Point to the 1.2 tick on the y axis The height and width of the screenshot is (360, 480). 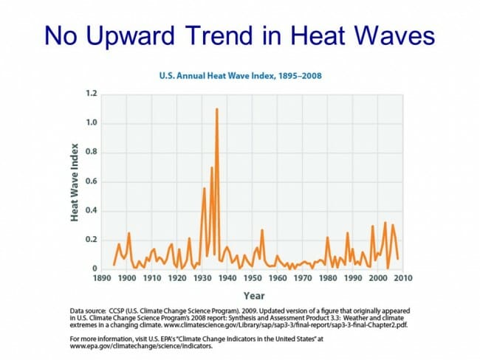(91, 94)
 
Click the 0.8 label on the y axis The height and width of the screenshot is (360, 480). (91, 153)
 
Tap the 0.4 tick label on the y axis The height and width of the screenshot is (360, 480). (91, 211)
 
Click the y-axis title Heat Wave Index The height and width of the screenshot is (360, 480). (75, 181)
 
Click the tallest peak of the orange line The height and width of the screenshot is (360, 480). (216, 109)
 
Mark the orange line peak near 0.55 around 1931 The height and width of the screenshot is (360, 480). (205, 188)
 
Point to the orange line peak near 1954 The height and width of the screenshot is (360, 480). (262, 229)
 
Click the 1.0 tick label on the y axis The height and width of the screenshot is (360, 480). (91, 123)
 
